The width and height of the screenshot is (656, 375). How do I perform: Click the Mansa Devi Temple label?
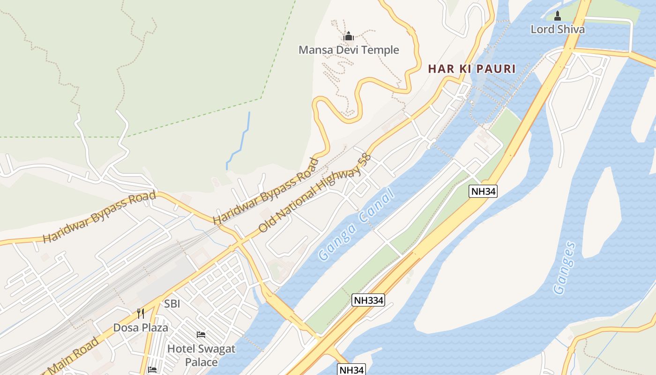pyautogui.click(x=349, y=50)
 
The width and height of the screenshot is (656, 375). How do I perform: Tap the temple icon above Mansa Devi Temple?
pyautogui.click(x=348, y=36)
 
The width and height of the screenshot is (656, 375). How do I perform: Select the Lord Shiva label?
pyautogui.click(x=558, y=29)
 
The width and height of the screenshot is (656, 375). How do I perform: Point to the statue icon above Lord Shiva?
pyautogui.click(x=558, y=16)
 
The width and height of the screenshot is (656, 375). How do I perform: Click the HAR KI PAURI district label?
pyautogui.click(x=471, y=69)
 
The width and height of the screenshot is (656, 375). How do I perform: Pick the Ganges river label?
pyautogui.click(x=564, y=268)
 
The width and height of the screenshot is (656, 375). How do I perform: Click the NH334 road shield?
pyautogui.click(x=368, y=300)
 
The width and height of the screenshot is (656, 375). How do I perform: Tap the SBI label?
pyautogui.click(x=172, y=304)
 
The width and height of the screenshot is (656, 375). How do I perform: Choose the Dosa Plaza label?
pyautogui.click(x=141, y=327)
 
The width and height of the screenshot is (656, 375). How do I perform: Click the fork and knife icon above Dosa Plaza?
pyautogui.click(x=141, y=314)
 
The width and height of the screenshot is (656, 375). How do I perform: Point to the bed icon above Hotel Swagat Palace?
pyautogui.click(x=201, y=335)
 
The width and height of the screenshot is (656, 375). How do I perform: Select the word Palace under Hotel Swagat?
pyautogui.click(x=201, y=362)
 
